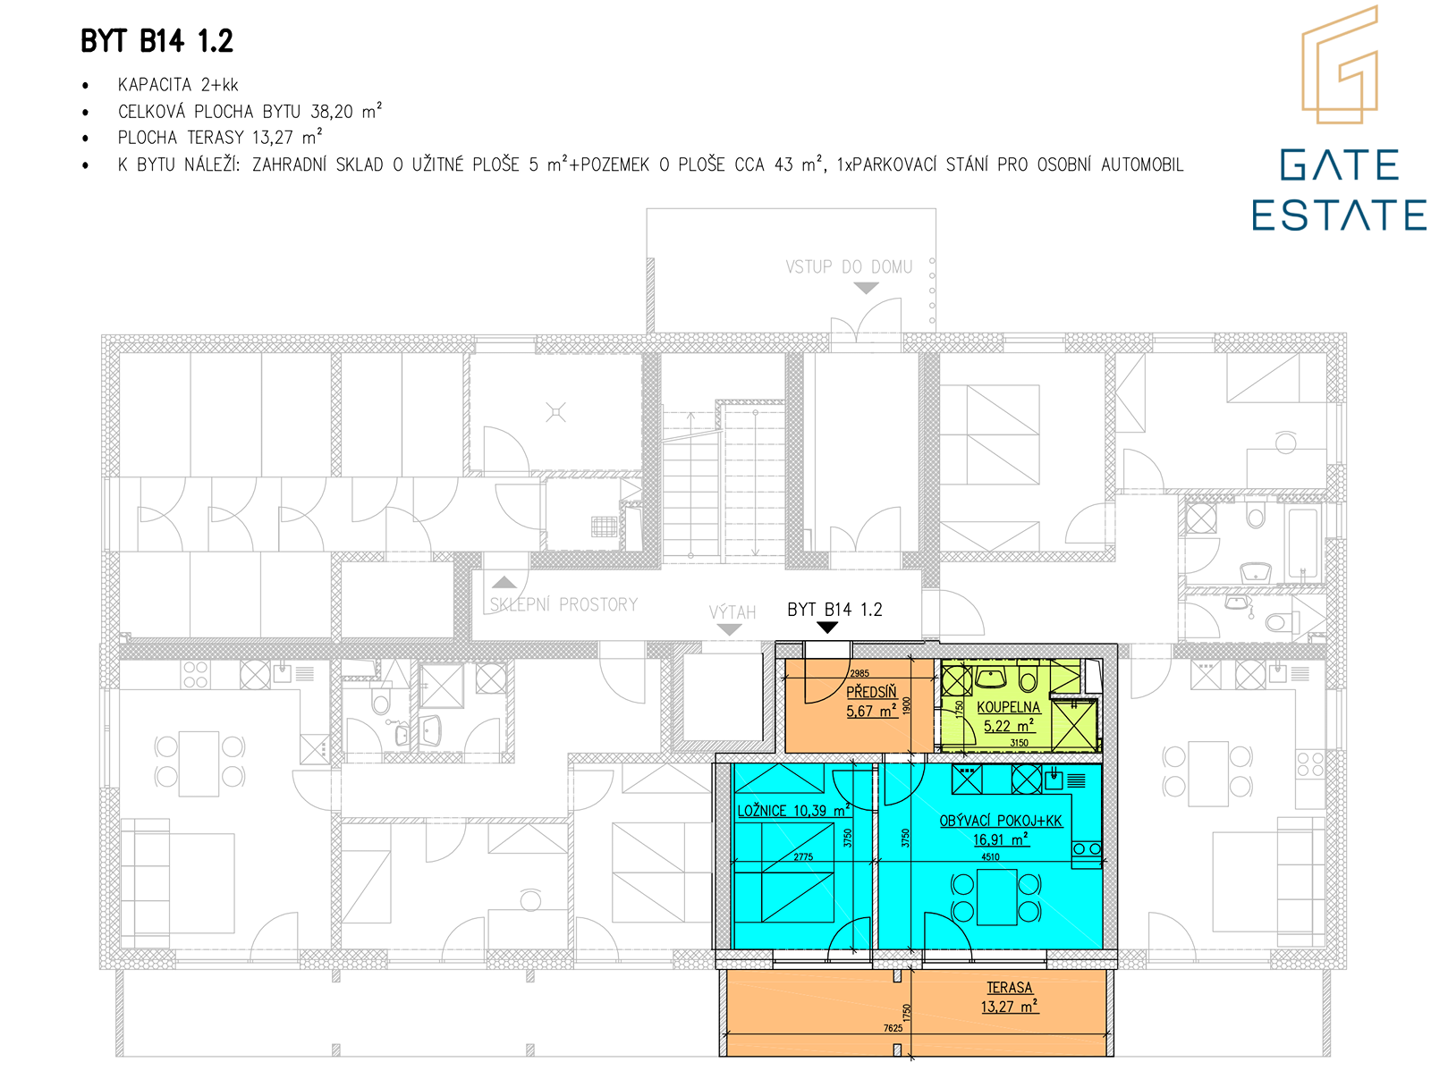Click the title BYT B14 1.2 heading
(157, 41)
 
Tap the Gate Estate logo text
(1338, 190)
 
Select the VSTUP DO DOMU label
(848, 266)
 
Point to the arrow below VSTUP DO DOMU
(866, 287)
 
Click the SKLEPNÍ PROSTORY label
(563, 604)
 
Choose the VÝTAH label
(732, 612)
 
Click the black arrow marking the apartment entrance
(826, 627)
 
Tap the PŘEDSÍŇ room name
(871, 691)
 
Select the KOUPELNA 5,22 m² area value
(1008, 725)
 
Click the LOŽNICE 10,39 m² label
(793, 810)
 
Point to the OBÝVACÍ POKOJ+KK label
(1001, 821)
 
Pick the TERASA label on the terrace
(1009, 987)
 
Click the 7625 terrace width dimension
(893, 1027)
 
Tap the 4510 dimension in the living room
(990, 856)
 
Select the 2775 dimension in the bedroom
(803, 856)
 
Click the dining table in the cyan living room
(996, 898)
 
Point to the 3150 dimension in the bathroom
(1019, 743)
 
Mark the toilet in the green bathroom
(1028, 679)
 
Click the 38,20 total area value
(331, 112)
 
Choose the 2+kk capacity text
(220, 85)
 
